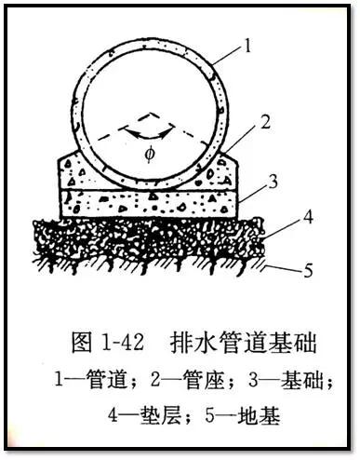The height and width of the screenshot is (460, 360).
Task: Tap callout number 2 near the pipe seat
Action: [x=265, y=122]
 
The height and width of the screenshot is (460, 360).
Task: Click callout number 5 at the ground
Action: [x=300, y=271]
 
